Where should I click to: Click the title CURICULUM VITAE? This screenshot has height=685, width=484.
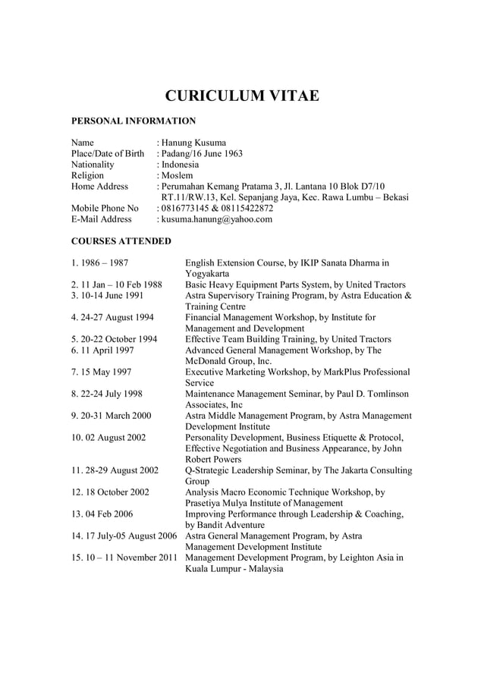click(242, 96)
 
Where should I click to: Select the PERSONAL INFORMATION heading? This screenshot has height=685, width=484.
click(133, 121)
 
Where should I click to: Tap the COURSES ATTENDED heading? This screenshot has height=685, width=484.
click(121, 241)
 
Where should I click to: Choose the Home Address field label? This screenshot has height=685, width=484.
click(99, 186)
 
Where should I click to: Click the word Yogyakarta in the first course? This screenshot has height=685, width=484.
click(209, 274)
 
